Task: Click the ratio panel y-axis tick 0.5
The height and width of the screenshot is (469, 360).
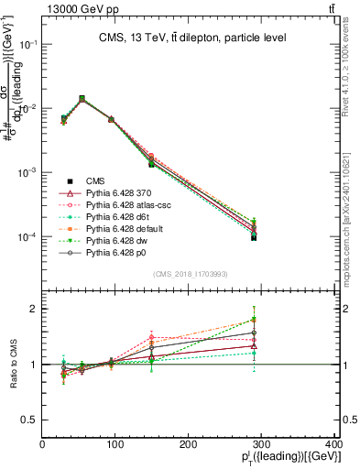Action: tap(32, 420)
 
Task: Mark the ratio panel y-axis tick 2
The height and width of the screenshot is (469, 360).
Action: tap(35, 309)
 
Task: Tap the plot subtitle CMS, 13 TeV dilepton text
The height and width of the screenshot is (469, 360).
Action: tap(191, 38)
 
